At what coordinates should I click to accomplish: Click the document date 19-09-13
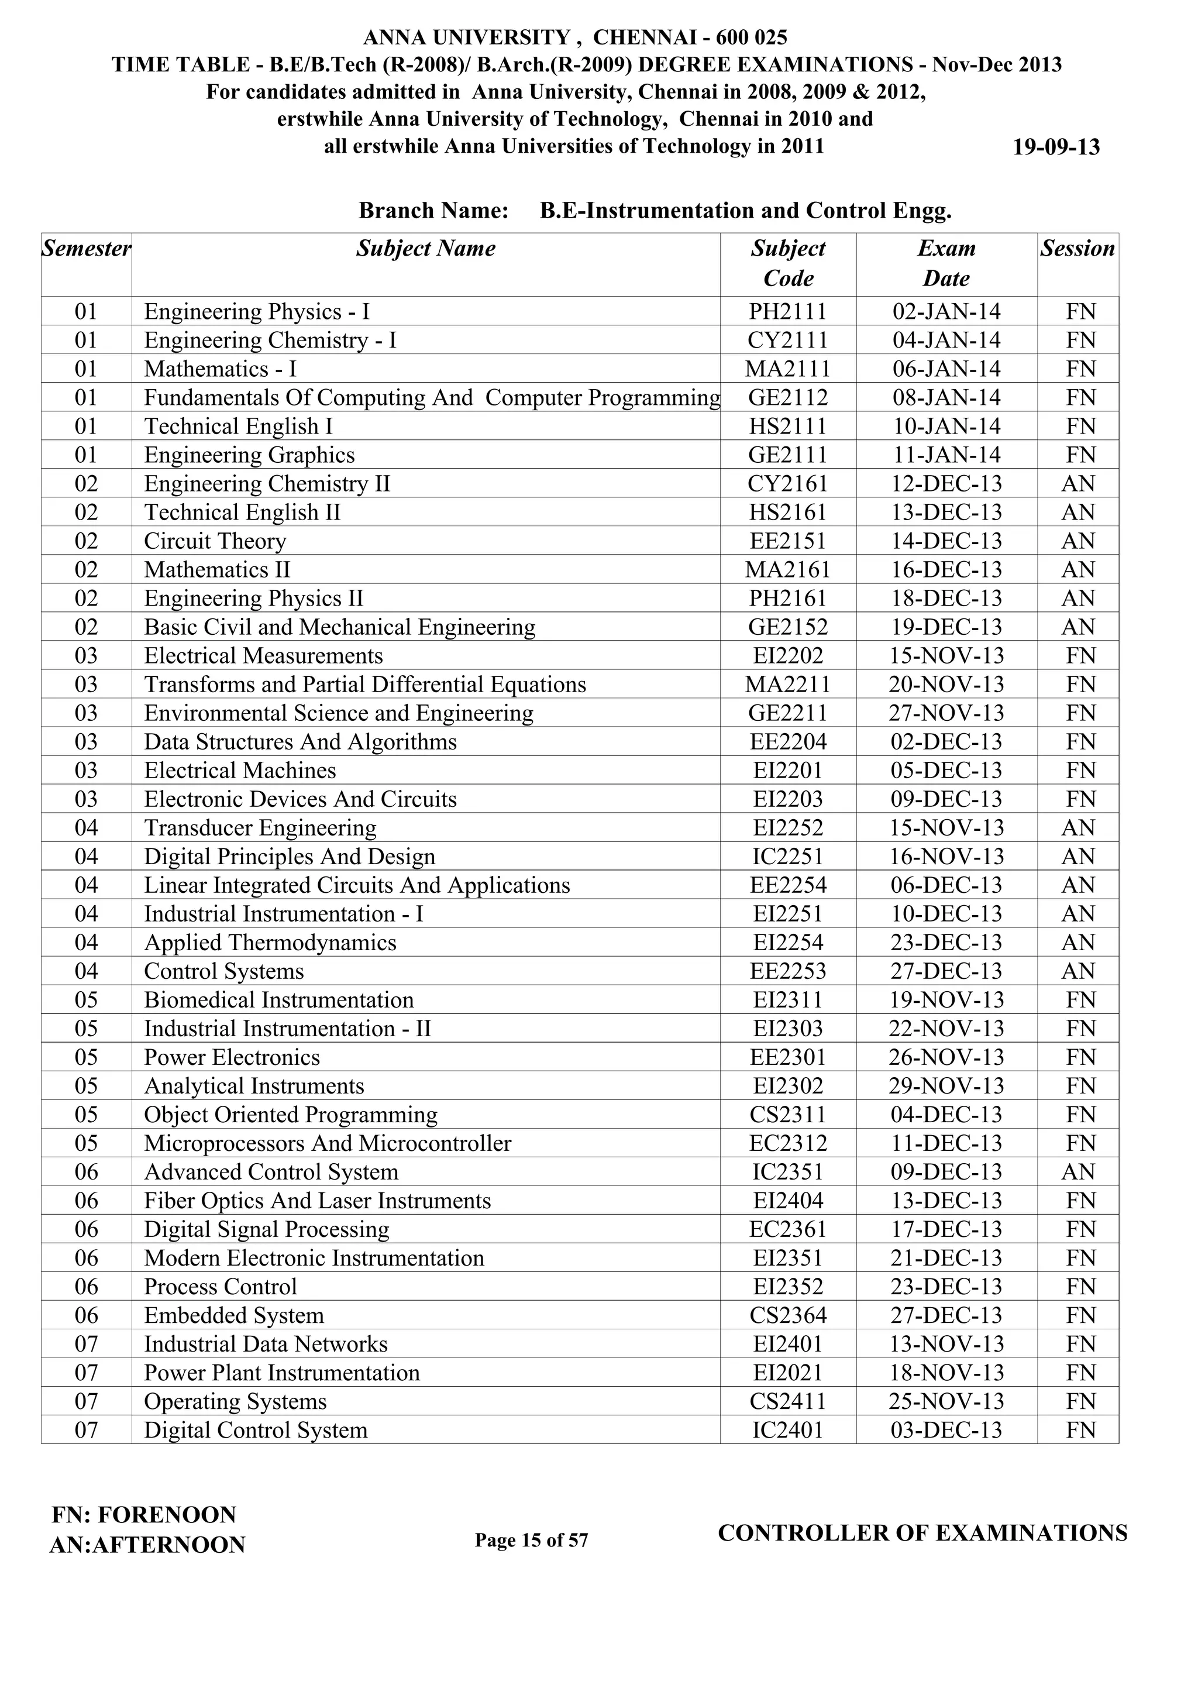tap(1055, 147)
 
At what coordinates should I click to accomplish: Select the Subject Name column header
tap(426, 249)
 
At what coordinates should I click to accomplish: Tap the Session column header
tap(1077, 249)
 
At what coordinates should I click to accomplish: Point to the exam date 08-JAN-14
tap(946, 398)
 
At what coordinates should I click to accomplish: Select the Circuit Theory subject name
tap(215, 541)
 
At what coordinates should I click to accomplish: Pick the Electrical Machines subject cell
tap(240, 771)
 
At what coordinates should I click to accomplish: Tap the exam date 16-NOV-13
tap(946, 857)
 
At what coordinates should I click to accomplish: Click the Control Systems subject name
tap(223, 971)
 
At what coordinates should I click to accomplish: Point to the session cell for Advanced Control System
tap(1077, 1173)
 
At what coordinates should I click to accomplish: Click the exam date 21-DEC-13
tap(946, 1258)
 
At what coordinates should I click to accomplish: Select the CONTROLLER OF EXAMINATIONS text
tap(922, 1534)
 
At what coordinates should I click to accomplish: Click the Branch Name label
tap(433, 211)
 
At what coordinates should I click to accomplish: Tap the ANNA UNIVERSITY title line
tap(575, 37)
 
